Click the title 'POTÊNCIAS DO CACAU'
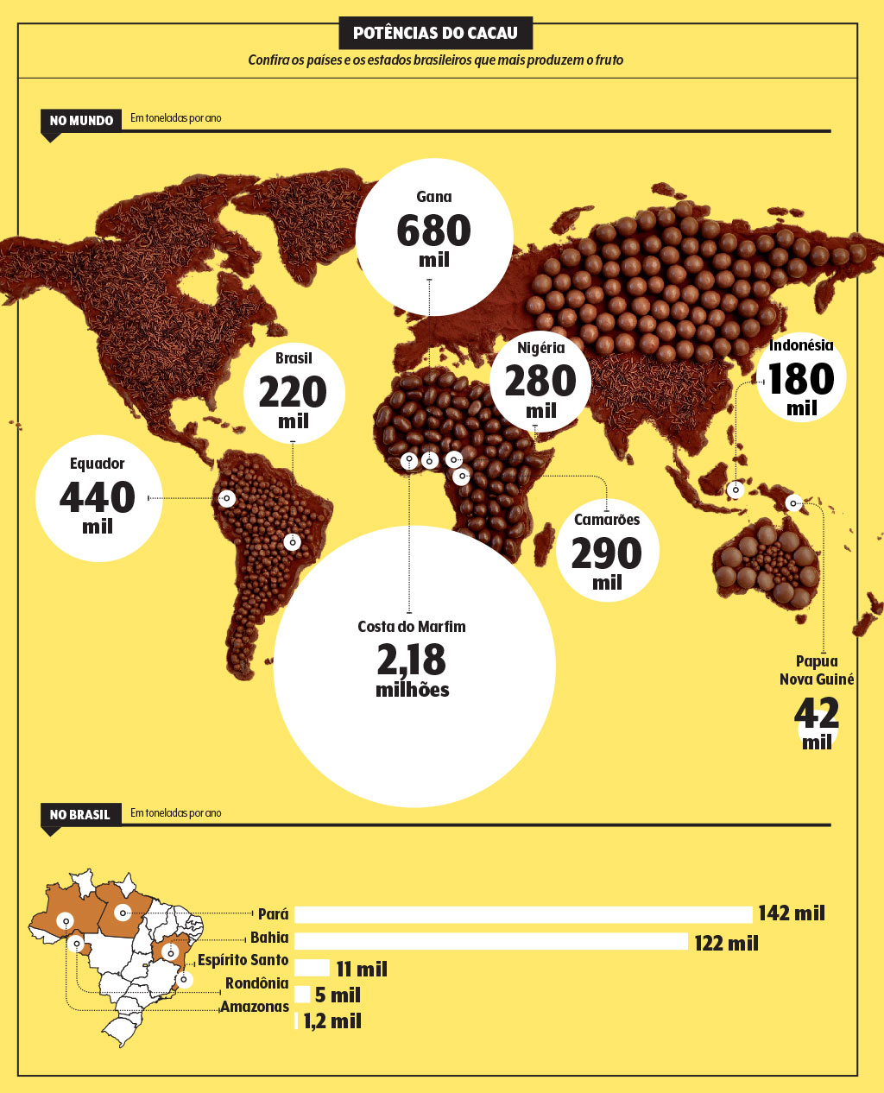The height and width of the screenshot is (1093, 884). [x=435, y=34]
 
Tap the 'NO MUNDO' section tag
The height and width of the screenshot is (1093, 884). [x=81, y=121]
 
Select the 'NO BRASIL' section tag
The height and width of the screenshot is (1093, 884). [x=80, y=814]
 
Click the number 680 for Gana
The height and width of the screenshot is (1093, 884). [x=433, y=231]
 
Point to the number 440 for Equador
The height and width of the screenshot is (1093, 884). [x=98, y=497]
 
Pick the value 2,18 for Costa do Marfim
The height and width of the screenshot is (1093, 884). [x=412, y=660]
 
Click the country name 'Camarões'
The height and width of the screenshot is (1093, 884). [x=607, y=520]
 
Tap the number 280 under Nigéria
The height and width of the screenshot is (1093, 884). [x=540, y=382]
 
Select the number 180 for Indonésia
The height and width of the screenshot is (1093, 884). [x=801, y=379]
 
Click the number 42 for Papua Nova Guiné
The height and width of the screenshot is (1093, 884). [x=817, y=714]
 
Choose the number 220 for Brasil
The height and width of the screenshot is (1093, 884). [x=293, y=393]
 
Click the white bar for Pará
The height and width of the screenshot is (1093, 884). [x=523, y=914]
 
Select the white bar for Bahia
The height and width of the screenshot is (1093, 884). [x=490, y=940]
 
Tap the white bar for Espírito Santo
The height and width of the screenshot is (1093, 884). [x=312, y=968]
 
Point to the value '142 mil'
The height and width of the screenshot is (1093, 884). [x=792, y=913]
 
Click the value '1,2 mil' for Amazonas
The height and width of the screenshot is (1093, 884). [x=332, y=1021]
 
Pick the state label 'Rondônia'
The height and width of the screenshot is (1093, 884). [x=256, y=983]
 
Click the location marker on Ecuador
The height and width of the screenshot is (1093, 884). [x=226, y=498]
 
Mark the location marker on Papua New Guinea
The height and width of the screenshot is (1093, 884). [x=792, y=502]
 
